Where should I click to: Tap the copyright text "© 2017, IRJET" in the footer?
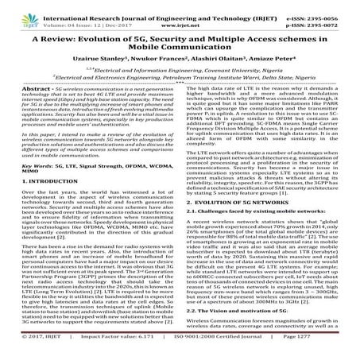click(x=33, y=350)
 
